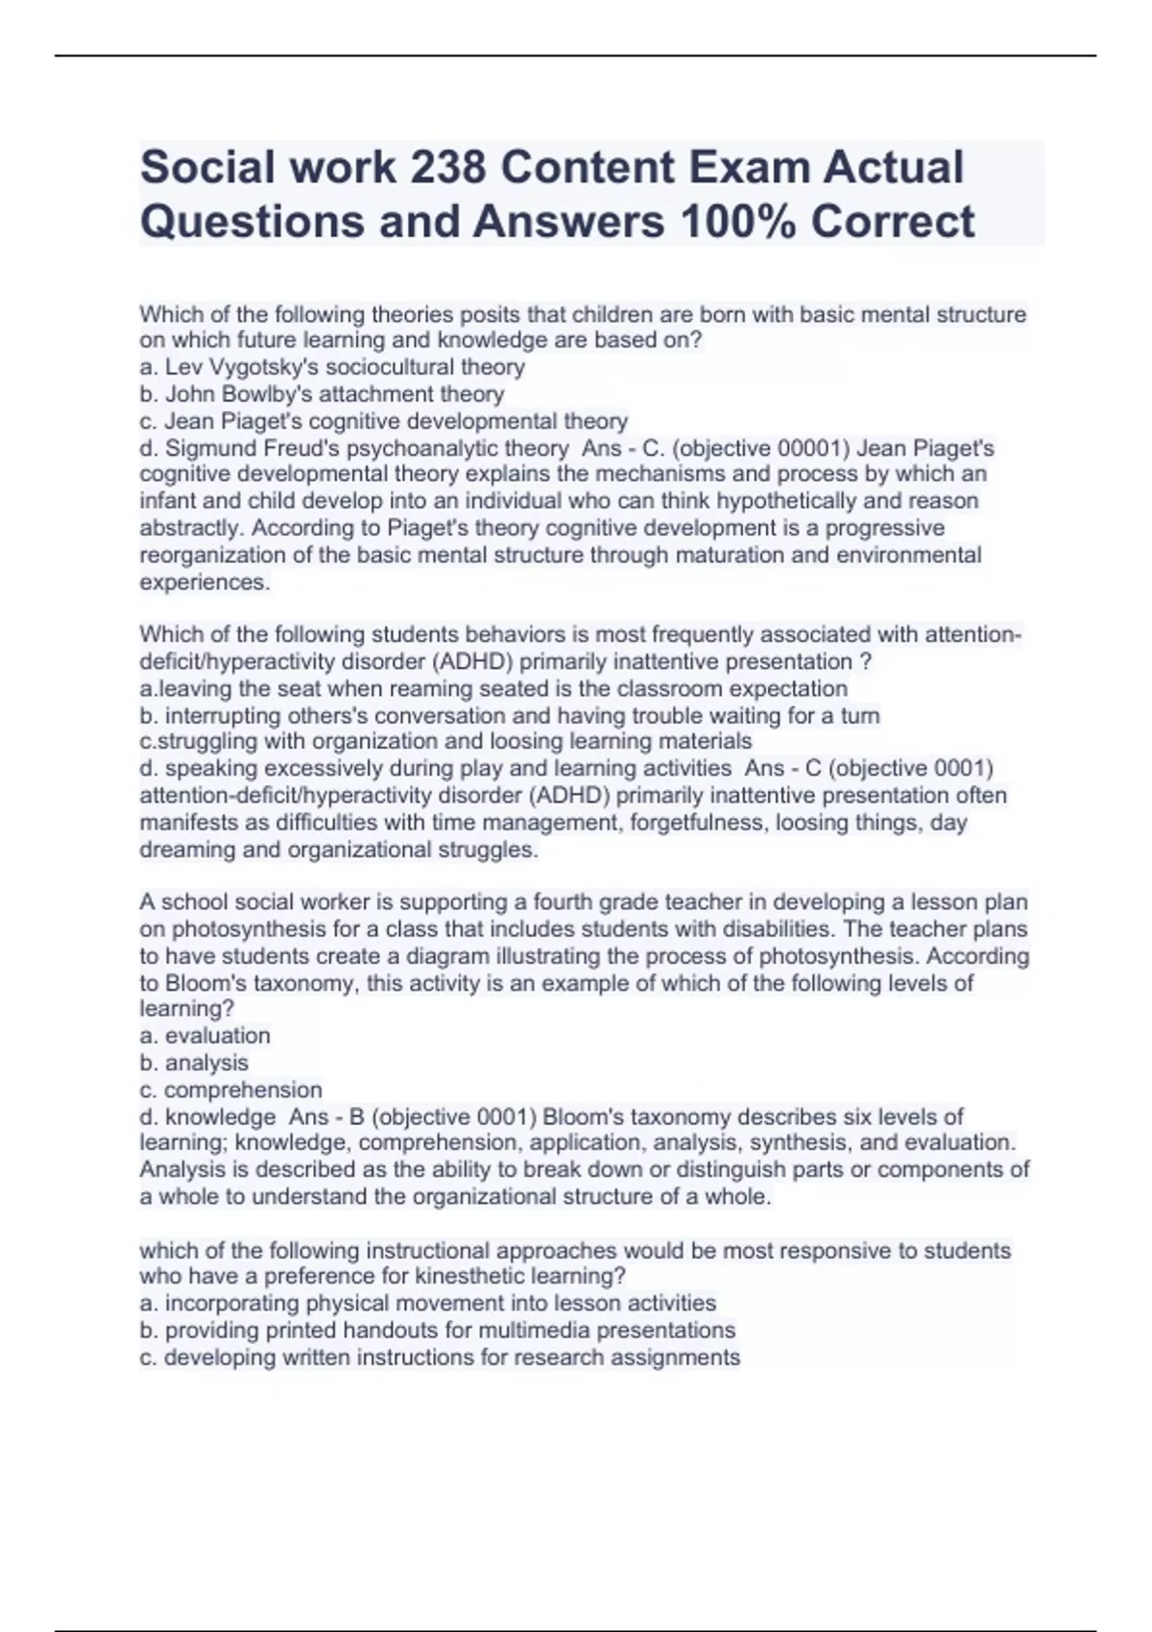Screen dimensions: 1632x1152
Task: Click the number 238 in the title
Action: click(445, 167)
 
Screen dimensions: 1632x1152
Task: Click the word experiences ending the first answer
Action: click(204, 582)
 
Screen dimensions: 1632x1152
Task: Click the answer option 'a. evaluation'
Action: click(205, 1036)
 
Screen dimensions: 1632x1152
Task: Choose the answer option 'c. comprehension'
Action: click(231, 1090)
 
